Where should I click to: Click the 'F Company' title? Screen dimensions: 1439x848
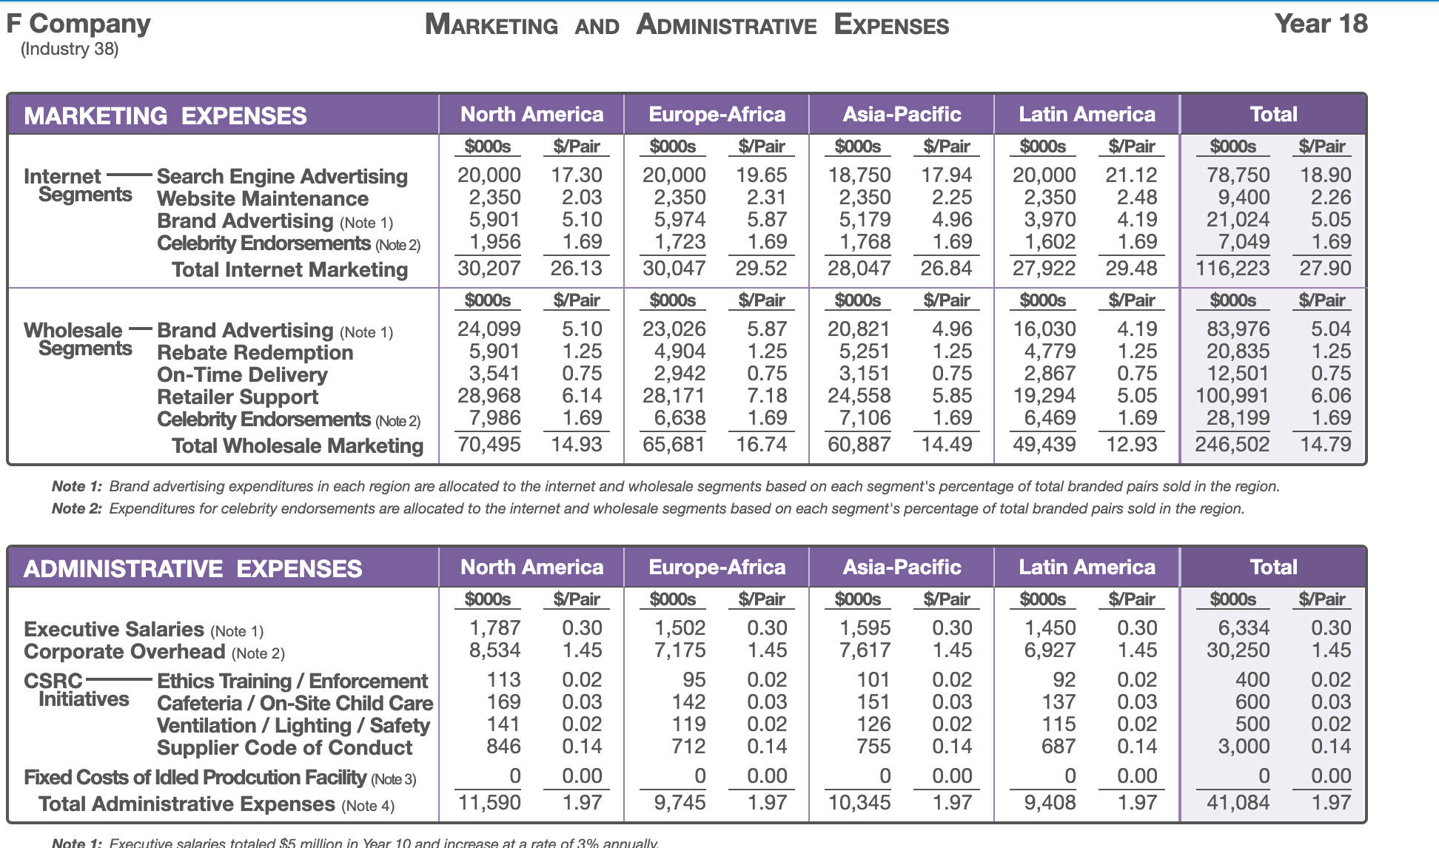click(x=78, y=24)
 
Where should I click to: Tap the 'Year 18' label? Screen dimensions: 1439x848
click(x=1321, y=24)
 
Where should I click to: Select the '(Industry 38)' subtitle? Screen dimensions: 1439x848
click(x=70, y=50)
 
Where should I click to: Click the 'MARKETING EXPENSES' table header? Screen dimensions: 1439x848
click(x=165, y=116)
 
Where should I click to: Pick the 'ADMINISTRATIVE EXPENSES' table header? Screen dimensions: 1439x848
click(x=192, y=569)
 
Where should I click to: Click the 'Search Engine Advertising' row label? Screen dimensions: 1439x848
click(x=282, y=177)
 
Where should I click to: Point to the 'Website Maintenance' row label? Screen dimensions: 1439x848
click(x=263, y=199)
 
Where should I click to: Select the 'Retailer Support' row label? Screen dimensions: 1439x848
click(x=238, y=397)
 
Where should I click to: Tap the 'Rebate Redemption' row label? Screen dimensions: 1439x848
click(x=255, y=353)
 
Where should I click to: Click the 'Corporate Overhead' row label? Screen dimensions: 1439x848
click(x=124, y=652)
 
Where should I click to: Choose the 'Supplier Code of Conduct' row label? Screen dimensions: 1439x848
click(x=284, y=748)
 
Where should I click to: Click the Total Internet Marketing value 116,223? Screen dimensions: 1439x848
click(x=1232, y=269)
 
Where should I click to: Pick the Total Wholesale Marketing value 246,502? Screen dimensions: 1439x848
click(x=1232, y=445)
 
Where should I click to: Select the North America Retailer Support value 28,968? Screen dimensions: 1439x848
click(x=489, y=396)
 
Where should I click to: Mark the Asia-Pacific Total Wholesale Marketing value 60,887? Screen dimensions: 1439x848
click(x=859, y=445)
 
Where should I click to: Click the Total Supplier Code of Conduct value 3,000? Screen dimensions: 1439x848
click(x=1244, y=747)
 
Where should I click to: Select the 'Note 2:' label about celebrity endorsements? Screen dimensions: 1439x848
click(x=76, y=509)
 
